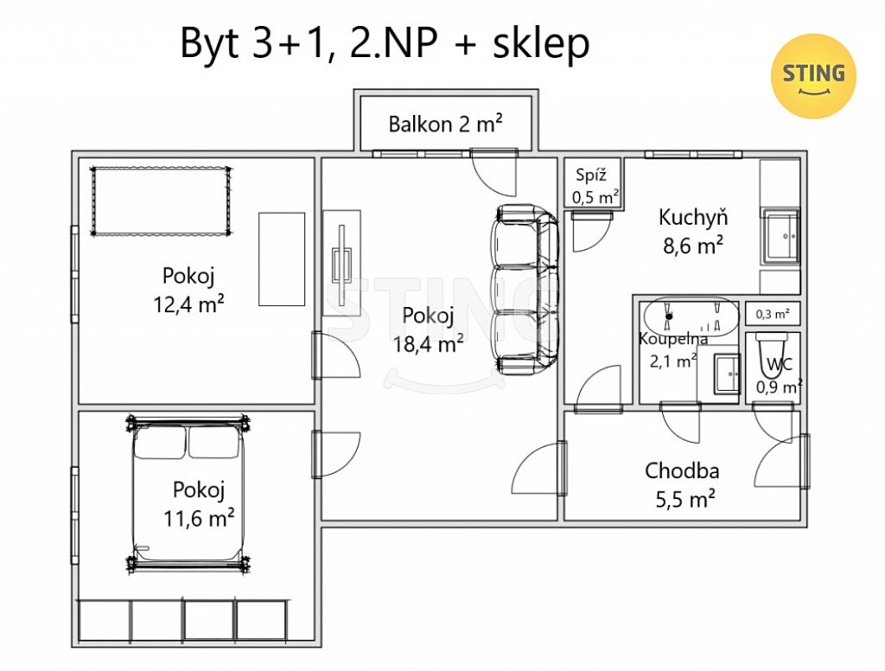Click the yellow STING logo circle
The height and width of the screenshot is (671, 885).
(x=813, y=76)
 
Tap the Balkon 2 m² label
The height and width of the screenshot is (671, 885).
(x=445, y=123)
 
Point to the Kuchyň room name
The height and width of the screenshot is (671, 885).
(x=693, y=217)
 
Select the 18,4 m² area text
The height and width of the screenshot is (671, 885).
(x=428, y=343)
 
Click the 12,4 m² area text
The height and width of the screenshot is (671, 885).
(x=189, y=304)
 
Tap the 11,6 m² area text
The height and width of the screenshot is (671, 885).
(x=199, y=518)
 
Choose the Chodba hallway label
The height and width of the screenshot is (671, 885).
(x=682, y=471)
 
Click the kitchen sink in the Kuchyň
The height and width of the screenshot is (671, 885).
(x=782, y=236)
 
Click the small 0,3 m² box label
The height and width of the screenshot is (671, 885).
(x=773, y=314)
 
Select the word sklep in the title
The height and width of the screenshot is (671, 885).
(x=541, y=44)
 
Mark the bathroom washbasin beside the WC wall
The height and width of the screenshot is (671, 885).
(x=727, y=374)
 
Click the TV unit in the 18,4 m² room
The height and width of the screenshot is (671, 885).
(x=341, y=263)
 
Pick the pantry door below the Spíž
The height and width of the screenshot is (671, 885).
(x=592, y=231)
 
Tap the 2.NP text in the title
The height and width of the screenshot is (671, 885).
(x=394, y=43)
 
